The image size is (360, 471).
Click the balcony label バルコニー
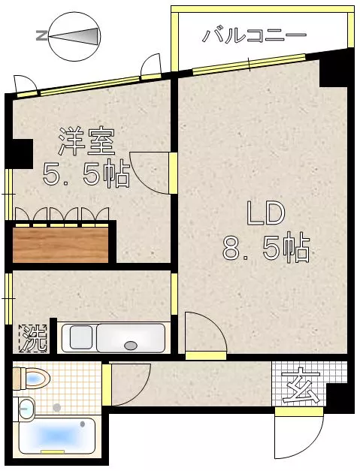[x=254, y=36]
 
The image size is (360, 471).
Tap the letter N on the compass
[x=41, y=36]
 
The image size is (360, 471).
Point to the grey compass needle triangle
[x=74, y=36]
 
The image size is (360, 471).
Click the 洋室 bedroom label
[x=87, y=142]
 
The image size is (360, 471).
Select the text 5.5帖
[x=86, y=174]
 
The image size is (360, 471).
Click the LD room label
[x=265, y=213]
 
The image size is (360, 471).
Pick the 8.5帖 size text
[x=265, y=249]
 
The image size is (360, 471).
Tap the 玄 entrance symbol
[x=301, y=387]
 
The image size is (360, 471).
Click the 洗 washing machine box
[x=33, y=338]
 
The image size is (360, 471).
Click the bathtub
[x=57, y=435]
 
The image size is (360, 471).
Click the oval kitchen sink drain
[x=131, y=346]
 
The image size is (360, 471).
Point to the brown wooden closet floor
[x=61, y=245]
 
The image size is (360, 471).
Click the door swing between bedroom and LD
[x=150, y=171]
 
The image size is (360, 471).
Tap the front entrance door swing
[x=299, y=437]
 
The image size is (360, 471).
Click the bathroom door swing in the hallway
[x=131, y=385]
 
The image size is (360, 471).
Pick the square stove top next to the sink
[x=81, y=337]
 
